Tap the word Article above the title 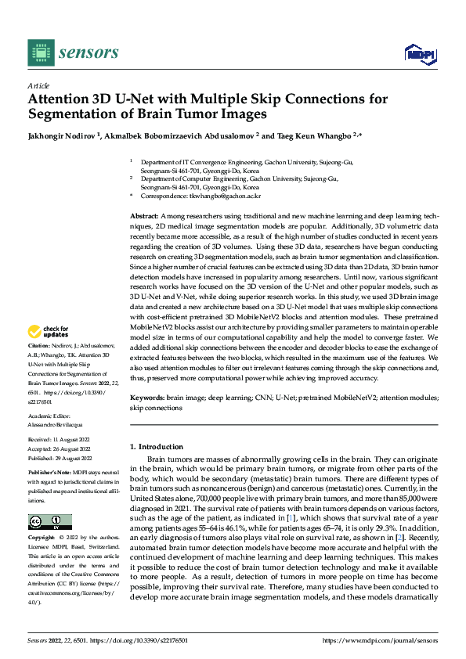pos(38,85)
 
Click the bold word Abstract pos(143,214)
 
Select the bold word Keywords pos(146,398)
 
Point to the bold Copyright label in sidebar pos(42,538)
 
